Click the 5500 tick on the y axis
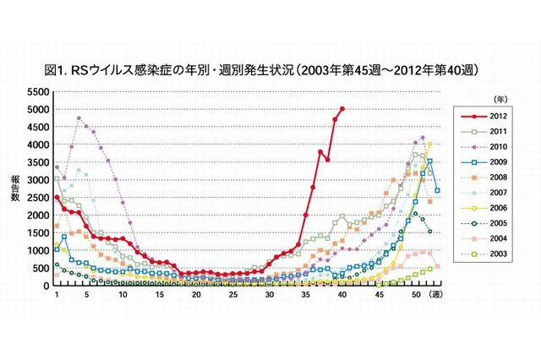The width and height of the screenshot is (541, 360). click(37, 91)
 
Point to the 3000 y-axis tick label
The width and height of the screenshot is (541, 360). click(37, 180)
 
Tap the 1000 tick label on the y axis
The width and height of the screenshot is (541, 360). click(37, 251)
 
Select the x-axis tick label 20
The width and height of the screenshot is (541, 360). click(196, 295)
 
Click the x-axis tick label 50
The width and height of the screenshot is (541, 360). click(416, 295)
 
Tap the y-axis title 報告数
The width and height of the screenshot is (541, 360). click(15, 190)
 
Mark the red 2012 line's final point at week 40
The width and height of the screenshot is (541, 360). click(342, 108)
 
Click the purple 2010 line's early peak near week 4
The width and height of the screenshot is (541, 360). click(79, 118)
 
